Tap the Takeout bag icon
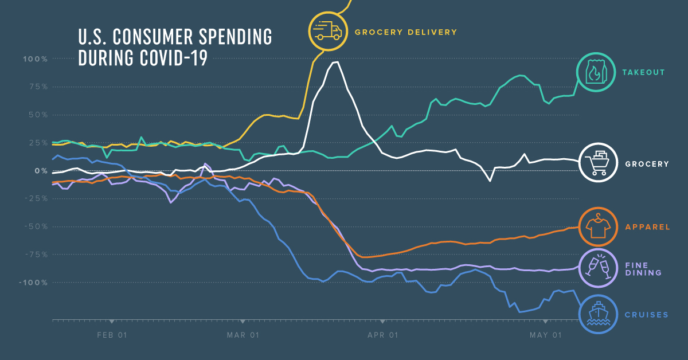click(x=596, y=72)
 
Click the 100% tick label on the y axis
click(x=36, y=59)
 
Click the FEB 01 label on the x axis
click(x=112, y=335)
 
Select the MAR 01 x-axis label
click(x=243, y=335)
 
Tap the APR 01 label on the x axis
click(x=383, y=335)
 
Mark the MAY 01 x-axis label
click(x=545, y=335)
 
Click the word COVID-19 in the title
click(x=173, y=58)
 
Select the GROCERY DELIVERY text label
click(x=405, y=32)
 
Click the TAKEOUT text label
click(x=643, y=73)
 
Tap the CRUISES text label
click(x=647, y=314)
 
